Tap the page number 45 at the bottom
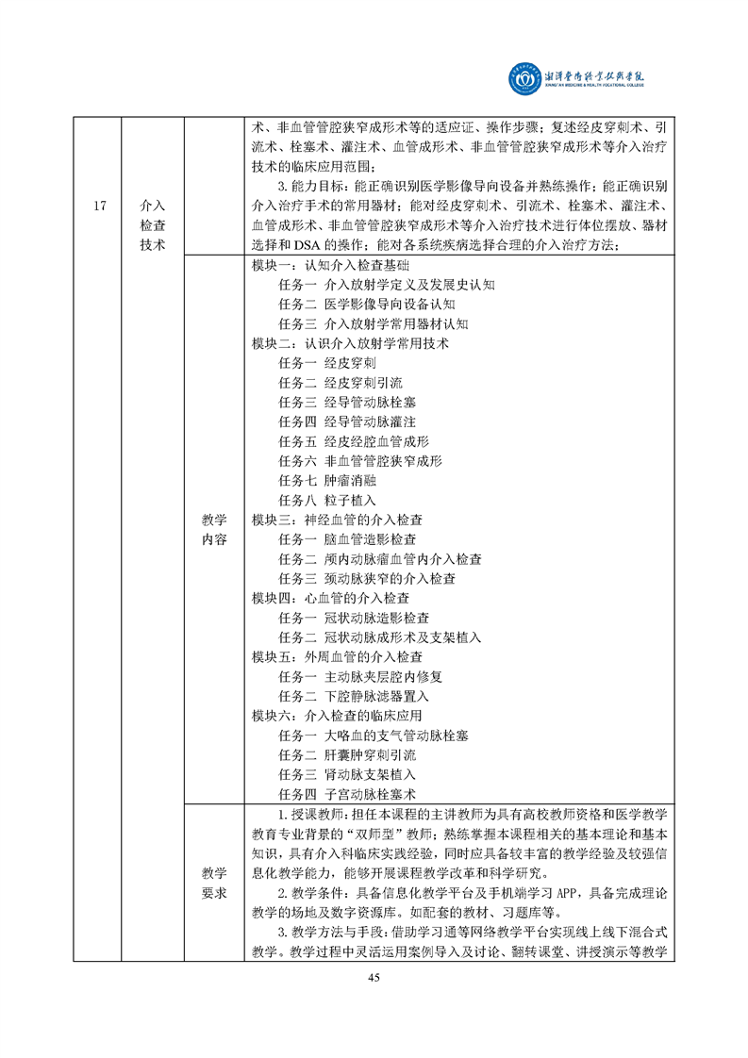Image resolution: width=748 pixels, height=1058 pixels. click(374, 977)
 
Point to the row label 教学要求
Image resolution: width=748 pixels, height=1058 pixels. click(214, 884)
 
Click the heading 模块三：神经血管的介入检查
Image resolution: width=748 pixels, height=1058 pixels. click(337, 520)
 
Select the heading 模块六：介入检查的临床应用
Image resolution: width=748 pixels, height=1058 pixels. click(337, 716)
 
